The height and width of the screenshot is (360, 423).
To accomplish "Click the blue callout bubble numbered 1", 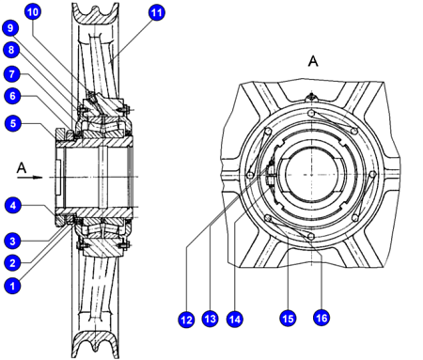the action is [12, 286].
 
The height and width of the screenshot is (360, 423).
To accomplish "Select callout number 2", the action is [12, 262].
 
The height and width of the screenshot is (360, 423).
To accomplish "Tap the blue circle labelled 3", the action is [12, 241].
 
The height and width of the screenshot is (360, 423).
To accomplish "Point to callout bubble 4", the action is [13, 206].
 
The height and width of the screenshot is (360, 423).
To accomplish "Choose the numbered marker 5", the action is [13, 123].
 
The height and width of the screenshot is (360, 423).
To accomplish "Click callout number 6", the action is [12, 96].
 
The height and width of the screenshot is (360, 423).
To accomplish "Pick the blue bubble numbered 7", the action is [12, 74].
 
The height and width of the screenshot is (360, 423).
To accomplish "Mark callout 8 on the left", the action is [11, 50].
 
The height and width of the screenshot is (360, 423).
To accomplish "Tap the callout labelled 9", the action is [10, 28].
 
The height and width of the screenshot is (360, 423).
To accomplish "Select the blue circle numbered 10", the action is [33, 12].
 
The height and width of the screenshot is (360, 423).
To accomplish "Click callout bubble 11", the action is [156, 13].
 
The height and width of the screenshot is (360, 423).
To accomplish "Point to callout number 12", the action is [186, 320].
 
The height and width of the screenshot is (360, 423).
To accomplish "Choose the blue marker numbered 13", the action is [210, 319].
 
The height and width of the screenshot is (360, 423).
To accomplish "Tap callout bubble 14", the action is [235, 320].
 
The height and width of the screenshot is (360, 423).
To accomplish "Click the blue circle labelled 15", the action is [288, 319].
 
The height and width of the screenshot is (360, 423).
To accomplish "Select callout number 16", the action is [321, 318].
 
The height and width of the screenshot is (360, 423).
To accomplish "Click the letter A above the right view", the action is [313, 61].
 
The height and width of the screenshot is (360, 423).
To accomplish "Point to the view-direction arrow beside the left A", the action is [30, 178].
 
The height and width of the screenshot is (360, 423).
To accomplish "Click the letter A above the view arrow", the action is [22, 168].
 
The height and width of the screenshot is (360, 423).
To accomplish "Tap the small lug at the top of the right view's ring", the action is [311, 97].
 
